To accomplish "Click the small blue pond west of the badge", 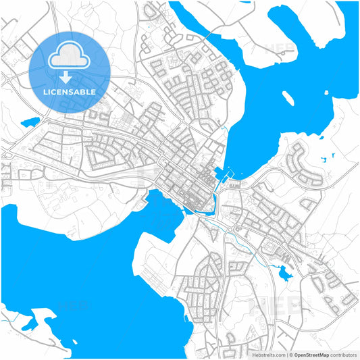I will (x=30, y=123).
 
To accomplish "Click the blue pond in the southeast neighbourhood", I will (x=282, y=272).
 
